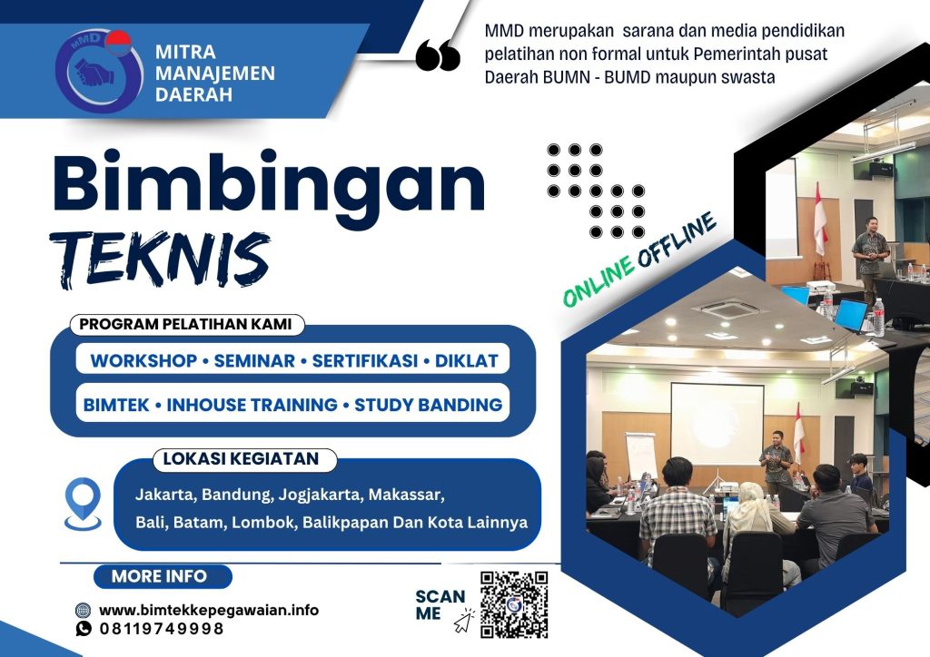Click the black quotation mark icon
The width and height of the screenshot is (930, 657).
point(438,56)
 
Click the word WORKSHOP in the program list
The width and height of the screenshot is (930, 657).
point(143,360)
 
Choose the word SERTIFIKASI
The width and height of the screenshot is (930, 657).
point(363,360)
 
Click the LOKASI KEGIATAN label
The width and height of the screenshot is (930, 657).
point(241,459)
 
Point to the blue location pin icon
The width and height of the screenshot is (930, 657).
point(83,503)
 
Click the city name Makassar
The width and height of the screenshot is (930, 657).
point(404,495)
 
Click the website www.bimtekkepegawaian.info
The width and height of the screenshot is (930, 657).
point(209,610)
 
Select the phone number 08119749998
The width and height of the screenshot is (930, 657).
point(162,628)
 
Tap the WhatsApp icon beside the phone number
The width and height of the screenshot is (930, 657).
point(84,628)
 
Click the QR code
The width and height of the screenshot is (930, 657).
point(514,603)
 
